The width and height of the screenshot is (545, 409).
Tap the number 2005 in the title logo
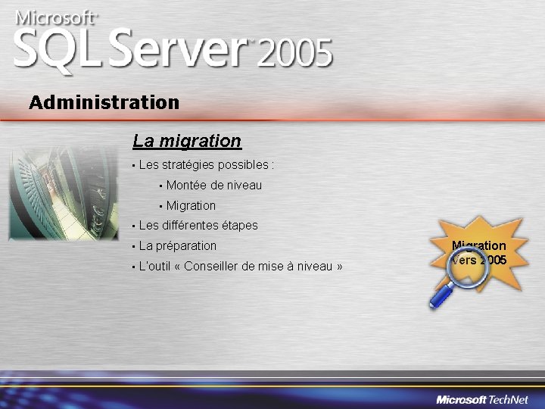295,54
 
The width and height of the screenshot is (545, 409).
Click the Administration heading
104,102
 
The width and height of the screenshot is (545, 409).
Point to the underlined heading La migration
187,141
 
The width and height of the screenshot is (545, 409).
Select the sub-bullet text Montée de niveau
214,186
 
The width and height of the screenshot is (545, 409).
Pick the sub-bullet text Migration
191,206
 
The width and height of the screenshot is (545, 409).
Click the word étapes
240,226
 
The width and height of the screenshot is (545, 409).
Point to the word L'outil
154,267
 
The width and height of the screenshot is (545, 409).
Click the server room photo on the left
64,193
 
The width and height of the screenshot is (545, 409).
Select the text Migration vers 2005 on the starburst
479,253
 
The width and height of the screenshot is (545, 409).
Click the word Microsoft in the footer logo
461,399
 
